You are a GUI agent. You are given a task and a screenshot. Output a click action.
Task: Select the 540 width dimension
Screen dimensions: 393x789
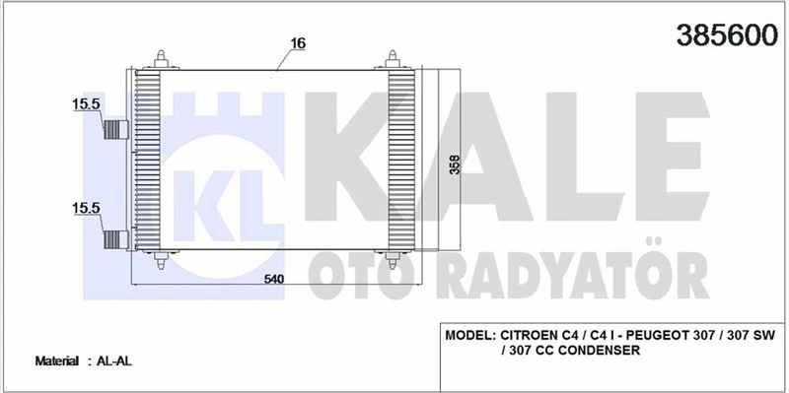(274, 280)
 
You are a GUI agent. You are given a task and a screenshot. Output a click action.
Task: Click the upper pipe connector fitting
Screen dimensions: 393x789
(117, 130)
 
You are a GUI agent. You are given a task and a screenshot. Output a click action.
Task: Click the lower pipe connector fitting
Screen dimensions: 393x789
(117, 237)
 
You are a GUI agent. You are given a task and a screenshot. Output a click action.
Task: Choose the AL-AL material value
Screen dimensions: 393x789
(115, 361)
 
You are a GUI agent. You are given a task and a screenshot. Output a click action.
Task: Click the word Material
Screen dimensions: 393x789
(57, 361)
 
